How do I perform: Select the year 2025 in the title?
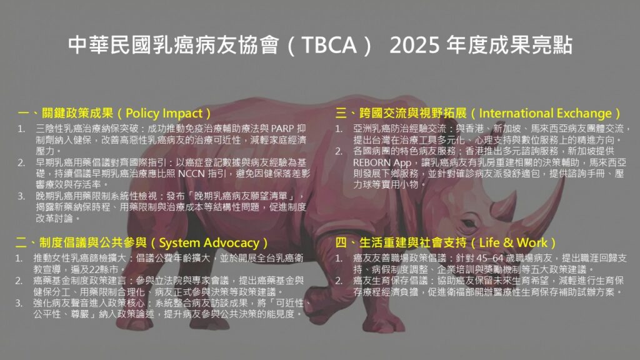click(414, 44)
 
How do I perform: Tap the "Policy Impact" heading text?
click(164, 114)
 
